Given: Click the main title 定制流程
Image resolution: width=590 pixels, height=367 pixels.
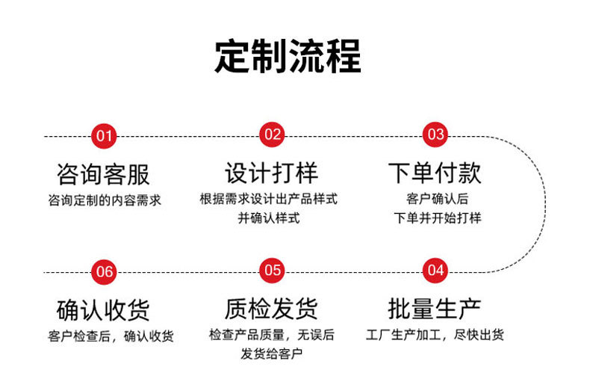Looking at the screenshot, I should pos(288,56).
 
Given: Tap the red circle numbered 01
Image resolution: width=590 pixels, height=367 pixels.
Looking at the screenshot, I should pos(104,136).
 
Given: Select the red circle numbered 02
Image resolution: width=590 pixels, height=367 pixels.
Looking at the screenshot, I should pos(272,135).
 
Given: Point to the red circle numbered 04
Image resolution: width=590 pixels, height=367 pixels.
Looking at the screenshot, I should pos(435,270).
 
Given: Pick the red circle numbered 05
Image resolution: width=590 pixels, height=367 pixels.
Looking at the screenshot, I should pos(272,271).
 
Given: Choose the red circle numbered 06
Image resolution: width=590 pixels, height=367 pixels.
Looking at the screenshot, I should pos(105,271).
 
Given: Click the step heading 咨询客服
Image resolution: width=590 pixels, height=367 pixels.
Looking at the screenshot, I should pos(104,174).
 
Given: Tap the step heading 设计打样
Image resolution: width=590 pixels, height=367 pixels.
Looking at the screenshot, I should pos(272,173).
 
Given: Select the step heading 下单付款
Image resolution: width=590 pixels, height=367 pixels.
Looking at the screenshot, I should pos(435,173).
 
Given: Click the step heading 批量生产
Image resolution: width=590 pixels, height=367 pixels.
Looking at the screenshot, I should pos(435,308).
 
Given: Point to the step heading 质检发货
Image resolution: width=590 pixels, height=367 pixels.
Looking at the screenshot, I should pos(272,308).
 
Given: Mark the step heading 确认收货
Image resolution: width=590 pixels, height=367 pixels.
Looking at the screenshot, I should pos(104,309).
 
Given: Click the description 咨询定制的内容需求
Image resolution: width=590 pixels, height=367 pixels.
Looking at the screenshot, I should pos(104,200).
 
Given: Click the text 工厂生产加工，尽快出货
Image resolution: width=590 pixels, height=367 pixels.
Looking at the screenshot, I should pos(435,335).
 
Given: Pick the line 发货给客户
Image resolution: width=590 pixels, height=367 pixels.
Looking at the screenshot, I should pos(272,354).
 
